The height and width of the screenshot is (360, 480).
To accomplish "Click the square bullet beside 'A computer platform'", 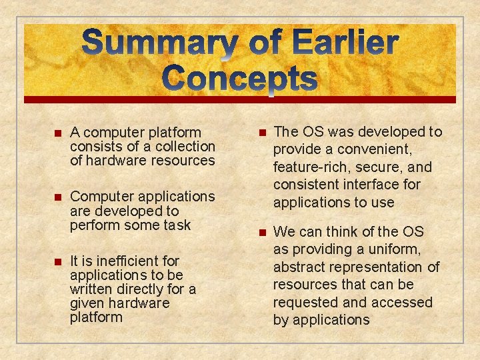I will point(57,133).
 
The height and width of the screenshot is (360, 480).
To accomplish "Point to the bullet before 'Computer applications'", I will point(57,197).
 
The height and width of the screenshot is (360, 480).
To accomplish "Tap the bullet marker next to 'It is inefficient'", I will point(57,261).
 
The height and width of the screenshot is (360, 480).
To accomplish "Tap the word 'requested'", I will point(305,303).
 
